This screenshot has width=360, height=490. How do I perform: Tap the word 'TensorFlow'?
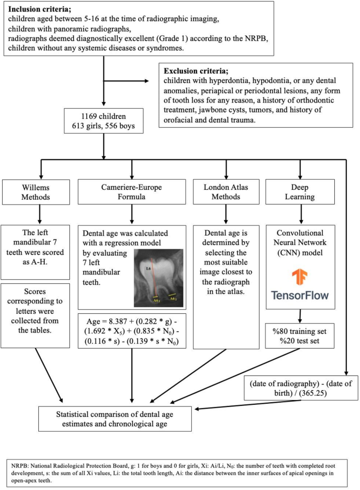(x=300, y=294)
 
